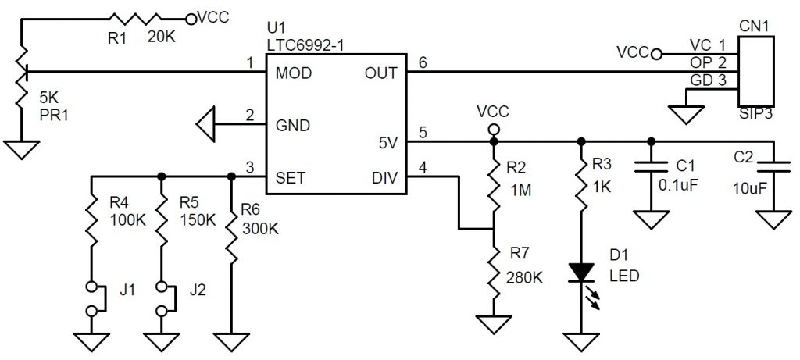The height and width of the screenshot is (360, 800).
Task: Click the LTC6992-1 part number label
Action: [305, 46]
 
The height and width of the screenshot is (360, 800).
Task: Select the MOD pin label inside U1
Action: [294, 73]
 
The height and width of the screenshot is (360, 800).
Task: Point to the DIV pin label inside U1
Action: [383, 177]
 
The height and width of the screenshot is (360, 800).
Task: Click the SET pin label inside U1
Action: [291, 177]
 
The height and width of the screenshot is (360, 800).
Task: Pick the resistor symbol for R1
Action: [136, 17]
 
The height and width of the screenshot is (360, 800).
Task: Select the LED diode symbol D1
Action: [580, 273]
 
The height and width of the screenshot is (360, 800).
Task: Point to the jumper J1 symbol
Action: [92, 298]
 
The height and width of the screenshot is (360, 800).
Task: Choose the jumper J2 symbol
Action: [161, 298]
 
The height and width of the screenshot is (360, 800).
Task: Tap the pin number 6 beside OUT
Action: [423, 62]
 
